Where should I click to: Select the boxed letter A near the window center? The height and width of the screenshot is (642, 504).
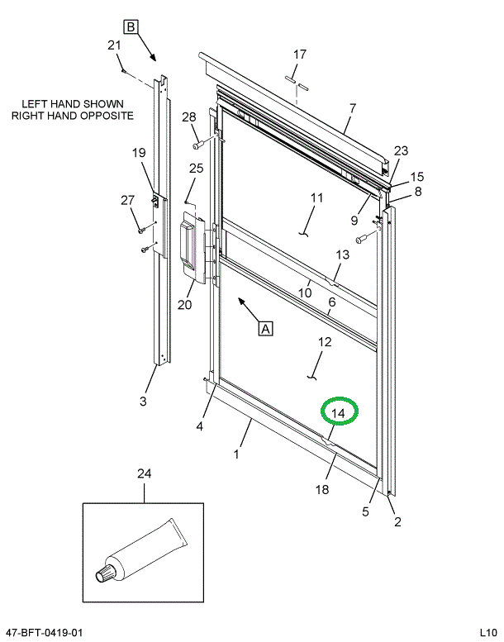(x=266, y=328)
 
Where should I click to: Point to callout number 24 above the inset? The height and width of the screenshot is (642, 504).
(x=145, y=473)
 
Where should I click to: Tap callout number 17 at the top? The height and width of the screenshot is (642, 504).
(x=299, y=55)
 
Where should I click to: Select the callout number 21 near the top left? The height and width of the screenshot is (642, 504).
(x=115, y=45)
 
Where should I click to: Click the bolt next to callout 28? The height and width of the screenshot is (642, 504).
(x=198, y=145)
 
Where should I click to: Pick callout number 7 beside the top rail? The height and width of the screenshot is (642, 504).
(x=353, y=108)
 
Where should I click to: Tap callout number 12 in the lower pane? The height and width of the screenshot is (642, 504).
(x=325, y=342)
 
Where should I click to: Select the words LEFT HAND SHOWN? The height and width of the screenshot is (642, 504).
(x=73, y=104)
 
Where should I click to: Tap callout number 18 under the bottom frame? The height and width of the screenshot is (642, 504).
(x=321, y=489)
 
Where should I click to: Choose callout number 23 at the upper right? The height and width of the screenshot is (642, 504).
(x=401, y=150)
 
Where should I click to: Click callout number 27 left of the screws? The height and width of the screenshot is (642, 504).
(x=127, y=199)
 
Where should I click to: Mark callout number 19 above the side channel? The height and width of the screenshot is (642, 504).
(x=138, y=152)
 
